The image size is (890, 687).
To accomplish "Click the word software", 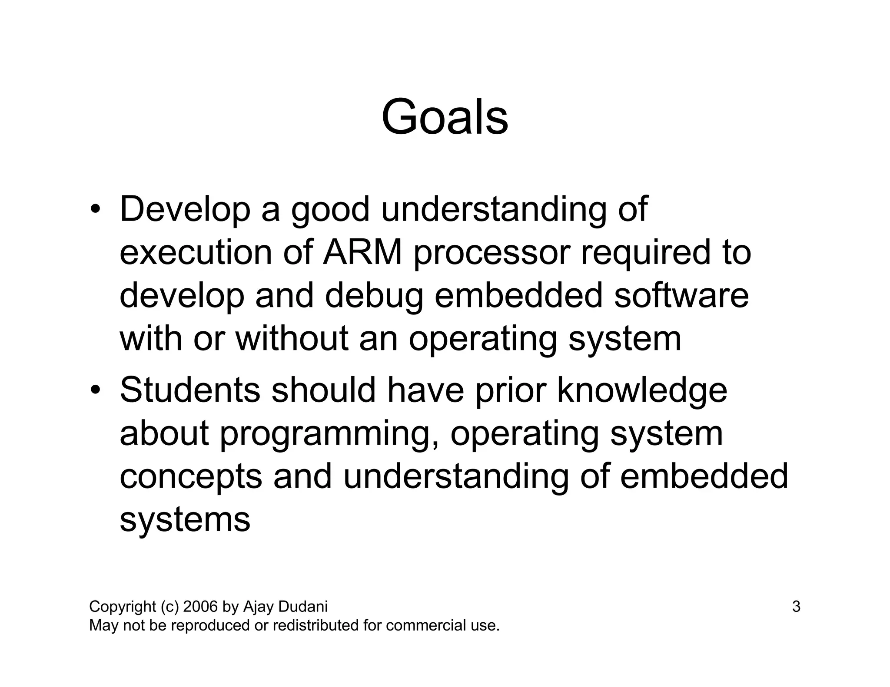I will click(x=681, y=295).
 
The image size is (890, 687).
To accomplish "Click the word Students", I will click(x=190, y=390).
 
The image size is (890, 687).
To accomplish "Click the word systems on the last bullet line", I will click(x=185, y=520).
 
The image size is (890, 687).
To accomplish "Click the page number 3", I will click(x=796, y=606).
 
